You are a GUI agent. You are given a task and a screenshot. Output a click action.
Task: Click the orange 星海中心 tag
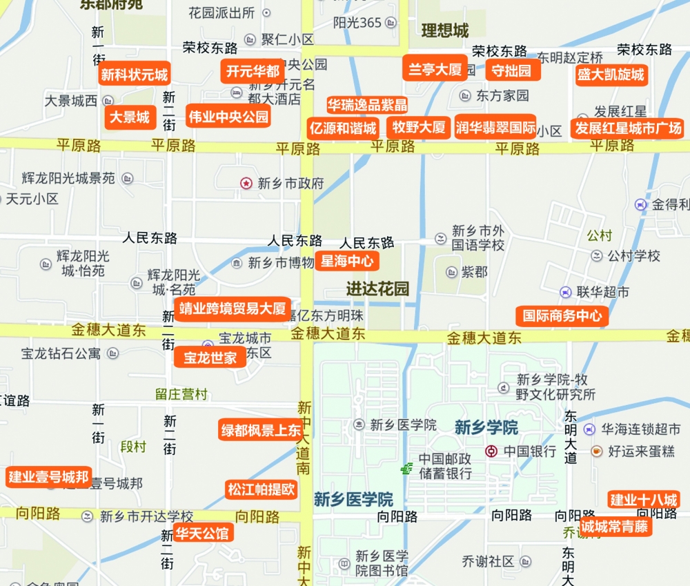click(x=347, y=261)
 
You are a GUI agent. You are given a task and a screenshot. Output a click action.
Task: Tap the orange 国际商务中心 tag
click(x=562, y=317)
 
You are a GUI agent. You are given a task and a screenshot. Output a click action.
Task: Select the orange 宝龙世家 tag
click(x=210, y=358)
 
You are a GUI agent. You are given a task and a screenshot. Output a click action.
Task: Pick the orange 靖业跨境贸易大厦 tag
click(x=232, y=309)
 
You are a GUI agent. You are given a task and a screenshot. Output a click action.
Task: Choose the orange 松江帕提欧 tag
click(x=262, y=490)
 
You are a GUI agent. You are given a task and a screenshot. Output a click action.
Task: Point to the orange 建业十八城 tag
click(x=644, y=500)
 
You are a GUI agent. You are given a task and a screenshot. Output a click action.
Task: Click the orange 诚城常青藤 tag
click(x=615, y=527)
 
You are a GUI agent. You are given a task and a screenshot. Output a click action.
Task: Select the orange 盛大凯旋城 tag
click(x=611, y=75)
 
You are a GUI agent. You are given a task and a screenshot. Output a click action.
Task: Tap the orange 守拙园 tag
click(x=511, y=70)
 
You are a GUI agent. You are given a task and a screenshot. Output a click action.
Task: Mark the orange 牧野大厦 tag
click(x=419, y=127)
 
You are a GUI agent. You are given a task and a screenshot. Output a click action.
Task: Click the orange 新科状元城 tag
click(x=135, y=75)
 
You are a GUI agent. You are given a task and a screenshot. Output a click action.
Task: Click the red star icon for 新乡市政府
click(x=246, y=183)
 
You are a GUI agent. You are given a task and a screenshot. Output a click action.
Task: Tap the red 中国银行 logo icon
click(x=491, y=451)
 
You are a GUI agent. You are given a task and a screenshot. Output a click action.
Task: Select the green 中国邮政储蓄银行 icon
click(x=406, y=469)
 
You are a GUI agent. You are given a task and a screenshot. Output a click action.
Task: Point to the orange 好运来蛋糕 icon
click(x=596, y=451)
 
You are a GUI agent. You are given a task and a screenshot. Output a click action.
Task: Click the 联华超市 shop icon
click(x=565, y=293)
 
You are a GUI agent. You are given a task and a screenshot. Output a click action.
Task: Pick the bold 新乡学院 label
click(x=486, y=427)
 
